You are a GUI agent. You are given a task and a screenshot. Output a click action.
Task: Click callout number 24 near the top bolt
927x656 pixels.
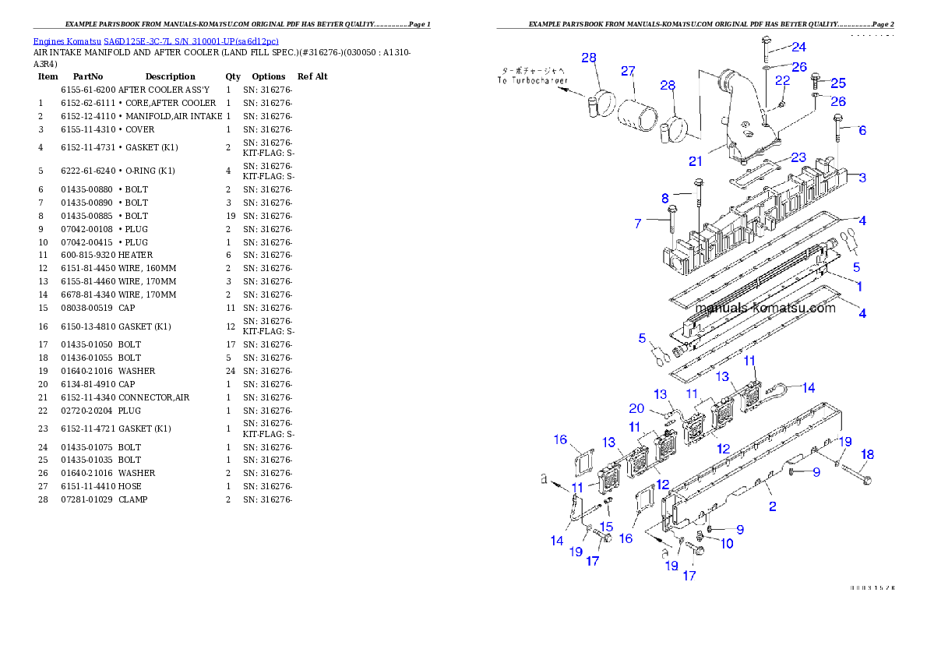(798, 47)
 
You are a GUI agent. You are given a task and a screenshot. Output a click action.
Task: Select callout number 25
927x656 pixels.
(837, 83)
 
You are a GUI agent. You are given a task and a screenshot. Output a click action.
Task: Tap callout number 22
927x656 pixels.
(782, 80)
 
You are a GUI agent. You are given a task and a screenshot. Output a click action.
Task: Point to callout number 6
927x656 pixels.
(862, 131)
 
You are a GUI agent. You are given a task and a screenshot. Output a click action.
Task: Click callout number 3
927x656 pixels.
(862, 178)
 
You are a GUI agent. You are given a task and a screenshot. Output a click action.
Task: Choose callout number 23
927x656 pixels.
(798, 158)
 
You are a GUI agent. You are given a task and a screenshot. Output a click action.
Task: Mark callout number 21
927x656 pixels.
(695, 161)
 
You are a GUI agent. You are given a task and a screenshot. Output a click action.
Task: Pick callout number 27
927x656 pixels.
(628, 72)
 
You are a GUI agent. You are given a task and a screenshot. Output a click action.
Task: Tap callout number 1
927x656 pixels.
(859, 287)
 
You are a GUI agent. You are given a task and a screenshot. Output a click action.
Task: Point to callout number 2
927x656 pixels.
(772, 507)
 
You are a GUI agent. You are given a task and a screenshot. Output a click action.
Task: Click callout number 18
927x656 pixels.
(867, 454)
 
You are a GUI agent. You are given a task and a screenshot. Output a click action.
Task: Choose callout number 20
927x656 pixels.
(636, 409)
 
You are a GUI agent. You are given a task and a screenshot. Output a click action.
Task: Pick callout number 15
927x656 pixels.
(606, 527)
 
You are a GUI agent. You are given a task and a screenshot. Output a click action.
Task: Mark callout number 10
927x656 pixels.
(726, 543)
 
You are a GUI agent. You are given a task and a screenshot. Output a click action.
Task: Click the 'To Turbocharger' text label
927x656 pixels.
(534, 80)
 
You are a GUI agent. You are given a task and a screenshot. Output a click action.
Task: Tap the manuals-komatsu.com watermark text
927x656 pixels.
(764, 308)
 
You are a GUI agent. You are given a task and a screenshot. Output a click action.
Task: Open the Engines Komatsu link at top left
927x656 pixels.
(156, 41)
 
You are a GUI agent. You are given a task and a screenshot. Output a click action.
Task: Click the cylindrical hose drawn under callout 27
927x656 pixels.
(639, 118)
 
